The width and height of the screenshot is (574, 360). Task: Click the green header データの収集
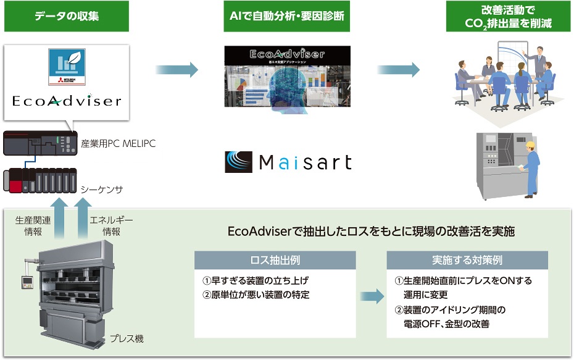coord(66,16)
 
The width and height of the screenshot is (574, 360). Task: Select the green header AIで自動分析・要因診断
coord(286,16)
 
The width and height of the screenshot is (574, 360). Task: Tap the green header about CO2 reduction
coord(508,16)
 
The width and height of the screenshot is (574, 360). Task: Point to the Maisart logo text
coord(288,162)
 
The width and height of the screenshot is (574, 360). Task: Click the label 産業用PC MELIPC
coord(118,144)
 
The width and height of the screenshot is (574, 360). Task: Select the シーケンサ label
coord(102,188)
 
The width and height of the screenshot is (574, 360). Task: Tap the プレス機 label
coord(127,338)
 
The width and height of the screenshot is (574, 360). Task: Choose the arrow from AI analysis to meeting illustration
coord(398,70)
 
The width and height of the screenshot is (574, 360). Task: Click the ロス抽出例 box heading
coord(275,260)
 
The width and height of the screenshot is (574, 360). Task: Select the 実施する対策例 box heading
coord(467,260)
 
